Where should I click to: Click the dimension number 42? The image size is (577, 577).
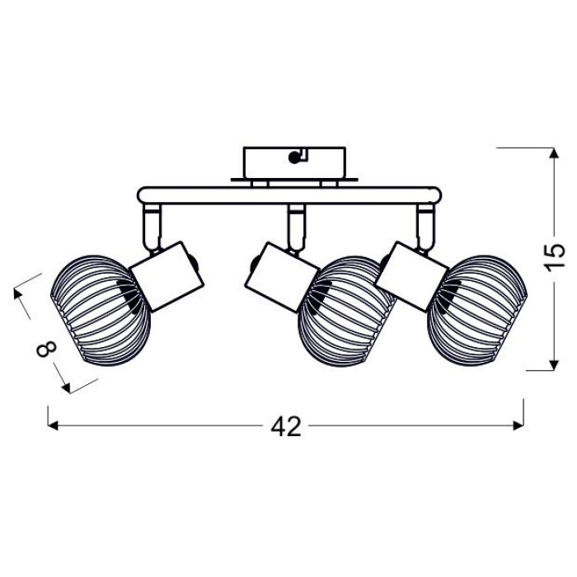(286, 426)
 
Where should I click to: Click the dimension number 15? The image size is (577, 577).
(554, 257)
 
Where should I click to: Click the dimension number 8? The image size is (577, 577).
(47, 349)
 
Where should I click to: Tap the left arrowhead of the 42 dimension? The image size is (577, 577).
(53, 426)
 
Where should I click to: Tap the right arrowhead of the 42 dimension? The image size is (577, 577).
(518, 426)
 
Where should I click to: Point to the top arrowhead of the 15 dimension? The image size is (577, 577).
(554, 153)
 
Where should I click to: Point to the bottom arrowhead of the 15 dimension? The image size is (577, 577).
(554, 365)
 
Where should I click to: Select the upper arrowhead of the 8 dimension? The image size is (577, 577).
(17, 293)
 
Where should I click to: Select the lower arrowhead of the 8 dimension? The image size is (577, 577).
(66, 388)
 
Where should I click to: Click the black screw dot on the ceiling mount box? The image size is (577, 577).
(293, 158)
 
